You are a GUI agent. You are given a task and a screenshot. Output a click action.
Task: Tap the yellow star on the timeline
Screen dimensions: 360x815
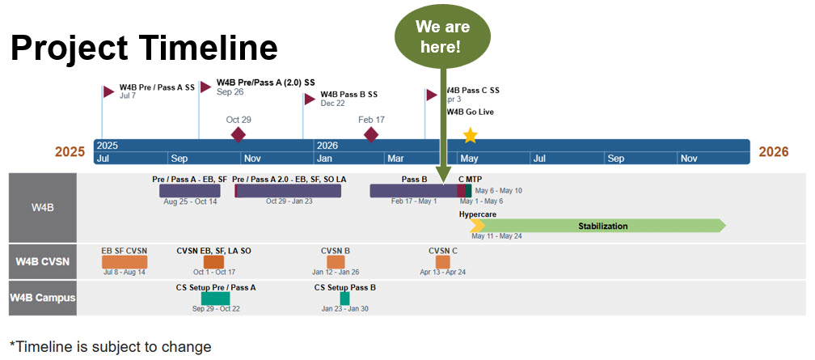pos(470,134)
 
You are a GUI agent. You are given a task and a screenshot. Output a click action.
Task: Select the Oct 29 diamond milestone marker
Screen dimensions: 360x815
pos(238,134)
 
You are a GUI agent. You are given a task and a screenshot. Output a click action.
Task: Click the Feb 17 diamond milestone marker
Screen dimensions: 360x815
pos(371,134)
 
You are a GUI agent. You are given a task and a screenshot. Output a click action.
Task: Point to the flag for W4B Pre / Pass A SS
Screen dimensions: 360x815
pos(109,91)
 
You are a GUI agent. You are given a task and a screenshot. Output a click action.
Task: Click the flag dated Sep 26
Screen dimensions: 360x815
pos(206,86)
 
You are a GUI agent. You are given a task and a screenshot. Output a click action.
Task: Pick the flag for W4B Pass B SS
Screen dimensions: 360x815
pos(310,99)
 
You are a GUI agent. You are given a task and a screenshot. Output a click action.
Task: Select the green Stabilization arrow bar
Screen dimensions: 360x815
pos(602,226)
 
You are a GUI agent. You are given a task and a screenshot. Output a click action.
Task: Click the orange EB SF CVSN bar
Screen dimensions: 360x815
pos(125,262)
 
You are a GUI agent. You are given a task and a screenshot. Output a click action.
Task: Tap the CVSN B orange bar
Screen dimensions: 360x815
pos(336,262)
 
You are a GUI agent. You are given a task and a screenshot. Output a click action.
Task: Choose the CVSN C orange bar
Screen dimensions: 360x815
pos(442,262)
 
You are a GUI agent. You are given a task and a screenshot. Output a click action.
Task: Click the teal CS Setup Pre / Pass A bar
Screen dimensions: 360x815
pos(216,299)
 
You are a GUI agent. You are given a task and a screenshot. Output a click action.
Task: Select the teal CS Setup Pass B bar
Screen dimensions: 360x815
pos(344,299)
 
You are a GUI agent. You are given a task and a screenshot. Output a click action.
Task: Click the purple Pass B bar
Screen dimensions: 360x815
pos(413,191)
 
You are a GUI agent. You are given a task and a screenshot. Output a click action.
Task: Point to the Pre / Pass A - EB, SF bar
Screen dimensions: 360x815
pos(189,191)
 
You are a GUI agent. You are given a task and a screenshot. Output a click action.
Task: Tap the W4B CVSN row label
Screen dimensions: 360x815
pos(43,261)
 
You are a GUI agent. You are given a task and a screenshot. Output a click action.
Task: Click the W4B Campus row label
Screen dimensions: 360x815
pos(43,298)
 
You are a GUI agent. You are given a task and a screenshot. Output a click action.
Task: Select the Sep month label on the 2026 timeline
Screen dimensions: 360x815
pos(617,159)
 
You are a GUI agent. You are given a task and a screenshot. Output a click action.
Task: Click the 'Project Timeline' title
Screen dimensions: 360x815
pos(144,48)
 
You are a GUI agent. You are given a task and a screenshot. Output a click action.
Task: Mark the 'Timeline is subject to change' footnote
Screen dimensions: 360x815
pos(110,346)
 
